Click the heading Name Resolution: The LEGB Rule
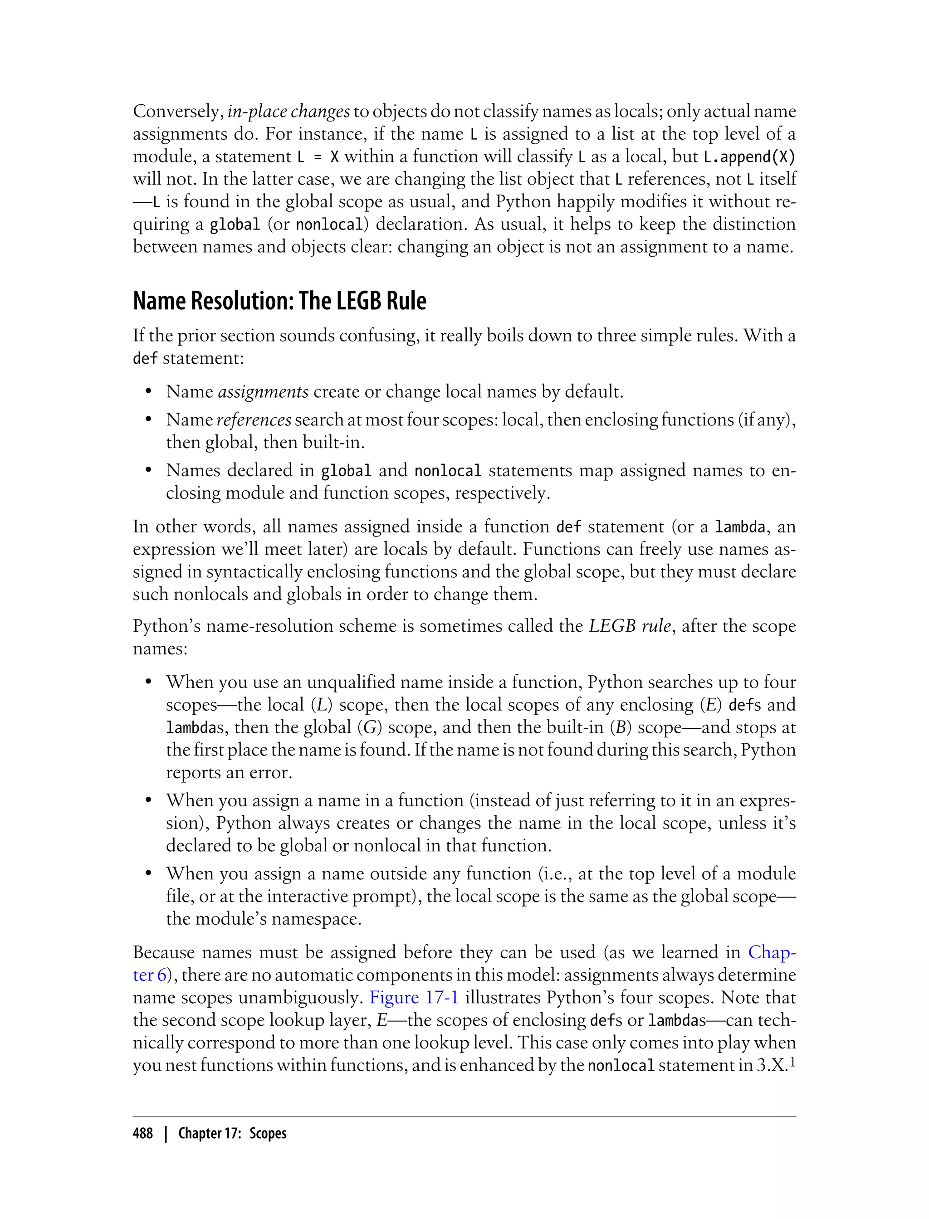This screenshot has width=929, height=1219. coord(279,301)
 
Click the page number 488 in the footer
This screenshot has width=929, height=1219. coord(143,1134)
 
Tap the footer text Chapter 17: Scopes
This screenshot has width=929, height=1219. coord(232,1134)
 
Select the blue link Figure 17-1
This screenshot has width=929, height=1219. coord(414,997)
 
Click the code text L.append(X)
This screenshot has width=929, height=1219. coord(749,157)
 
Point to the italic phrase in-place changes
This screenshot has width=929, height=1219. coord(288,112)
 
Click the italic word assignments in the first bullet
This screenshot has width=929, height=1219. coord(263,392)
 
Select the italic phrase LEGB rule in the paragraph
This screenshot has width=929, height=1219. coord(630,626)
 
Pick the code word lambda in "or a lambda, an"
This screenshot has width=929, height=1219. coord(740,527)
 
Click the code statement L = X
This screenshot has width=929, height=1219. coord(318,157)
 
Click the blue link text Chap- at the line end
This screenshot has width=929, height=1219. coord(772,952)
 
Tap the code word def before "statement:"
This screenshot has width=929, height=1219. coord(145,359)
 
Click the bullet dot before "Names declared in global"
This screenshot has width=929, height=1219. coord(148,470)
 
